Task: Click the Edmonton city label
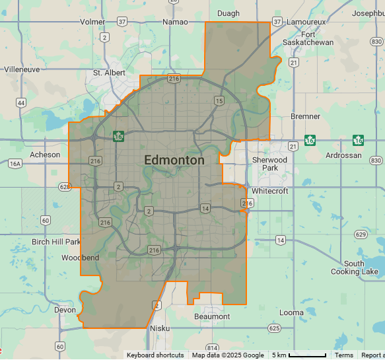(174, 160)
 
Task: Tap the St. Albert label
(108, 73)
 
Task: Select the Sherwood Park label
(270, 164)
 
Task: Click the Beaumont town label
(212, 316)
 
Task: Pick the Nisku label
(160, 328)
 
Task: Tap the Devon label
(65, 310)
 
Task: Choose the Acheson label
(45, 155)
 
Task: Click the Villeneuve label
(22, 69)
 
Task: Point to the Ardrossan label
(344, 155)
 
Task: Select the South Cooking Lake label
(355, 268)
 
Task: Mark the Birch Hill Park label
(56, 242)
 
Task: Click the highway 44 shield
(22, 102)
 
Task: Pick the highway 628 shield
(64, 187)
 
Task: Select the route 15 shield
(219, 100)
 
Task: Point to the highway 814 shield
(212, 348)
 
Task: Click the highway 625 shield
(274, 328)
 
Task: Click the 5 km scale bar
(307, 355)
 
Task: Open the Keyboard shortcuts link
(155, 355)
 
